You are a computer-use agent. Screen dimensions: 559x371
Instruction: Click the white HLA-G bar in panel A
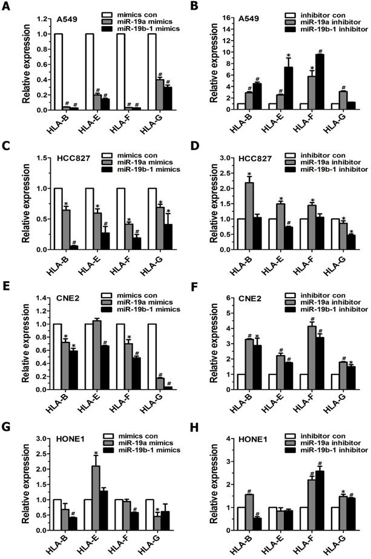pyautogui.click(x=151, y=71)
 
